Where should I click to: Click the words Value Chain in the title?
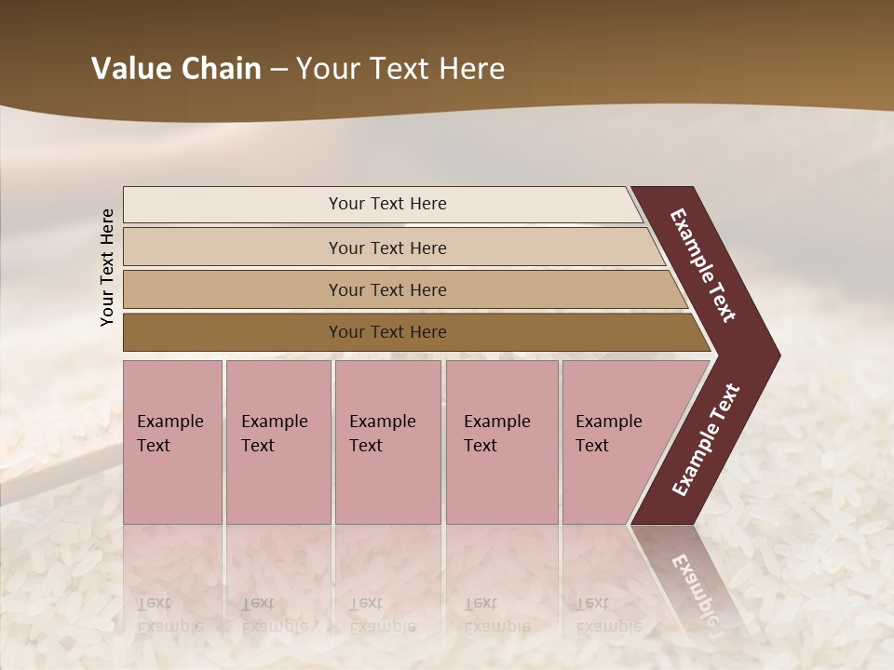(176, 69)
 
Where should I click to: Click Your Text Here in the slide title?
(400, 69)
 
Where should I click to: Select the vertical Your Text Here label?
(107, 267)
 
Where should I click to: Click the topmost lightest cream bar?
(233, 204)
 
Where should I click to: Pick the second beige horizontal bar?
(233, 248)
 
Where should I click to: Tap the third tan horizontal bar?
(233, 289)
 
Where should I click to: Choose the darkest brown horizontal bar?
(233, 332)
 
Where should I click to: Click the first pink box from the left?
(172, 442)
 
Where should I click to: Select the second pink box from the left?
(278, 442)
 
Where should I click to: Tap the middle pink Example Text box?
(387, 442)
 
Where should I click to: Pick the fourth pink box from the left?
(501, 442)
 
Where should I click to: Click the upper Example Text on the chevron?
(703, 265)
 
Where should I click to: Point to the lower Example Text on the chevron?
(706, 440)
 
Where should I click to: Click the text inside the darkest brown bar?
(387, 332)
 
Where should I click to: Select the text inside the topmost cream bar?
(387, 204)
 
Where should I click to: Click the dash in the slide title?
(278, 69)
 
